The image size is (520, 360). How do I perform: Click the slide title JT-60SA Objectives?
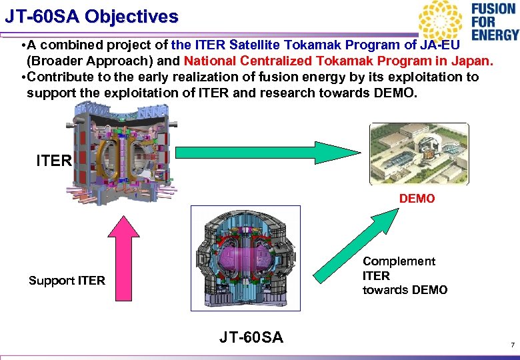pyautogui.click(x=91, y=16)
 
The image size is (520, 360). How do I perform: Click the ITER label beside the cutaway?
pyautogui.click(x=54, y=161)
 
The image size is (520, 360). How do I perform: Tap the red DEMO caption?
pyautogui.click(x=417, y=199)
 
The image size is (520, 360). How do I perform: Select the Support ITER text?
pyautogui.click(x=67, y=281)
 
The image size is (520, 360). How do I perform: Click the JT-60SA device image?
pyautogui.click(x=245, y=259)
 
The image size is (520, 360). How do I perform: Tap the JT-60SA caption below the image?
pyautogui.click(x=251, y=338)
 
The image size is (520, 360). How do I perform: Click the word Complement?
pyautogui.click(x=399, y=261)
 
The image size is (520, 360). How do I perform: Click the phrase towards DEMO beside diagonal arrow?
pyautogui.click(x=405, y=290)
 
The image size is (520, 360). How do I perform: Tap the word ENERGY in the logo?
pyautogui.click(x=494, y=35)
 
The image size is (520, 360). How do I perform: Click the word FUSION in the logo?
pyautogui.click(x=494, y=9)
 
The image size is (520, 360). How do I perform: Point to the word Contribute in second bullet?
pyautogui.click(x=60, y=77)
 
